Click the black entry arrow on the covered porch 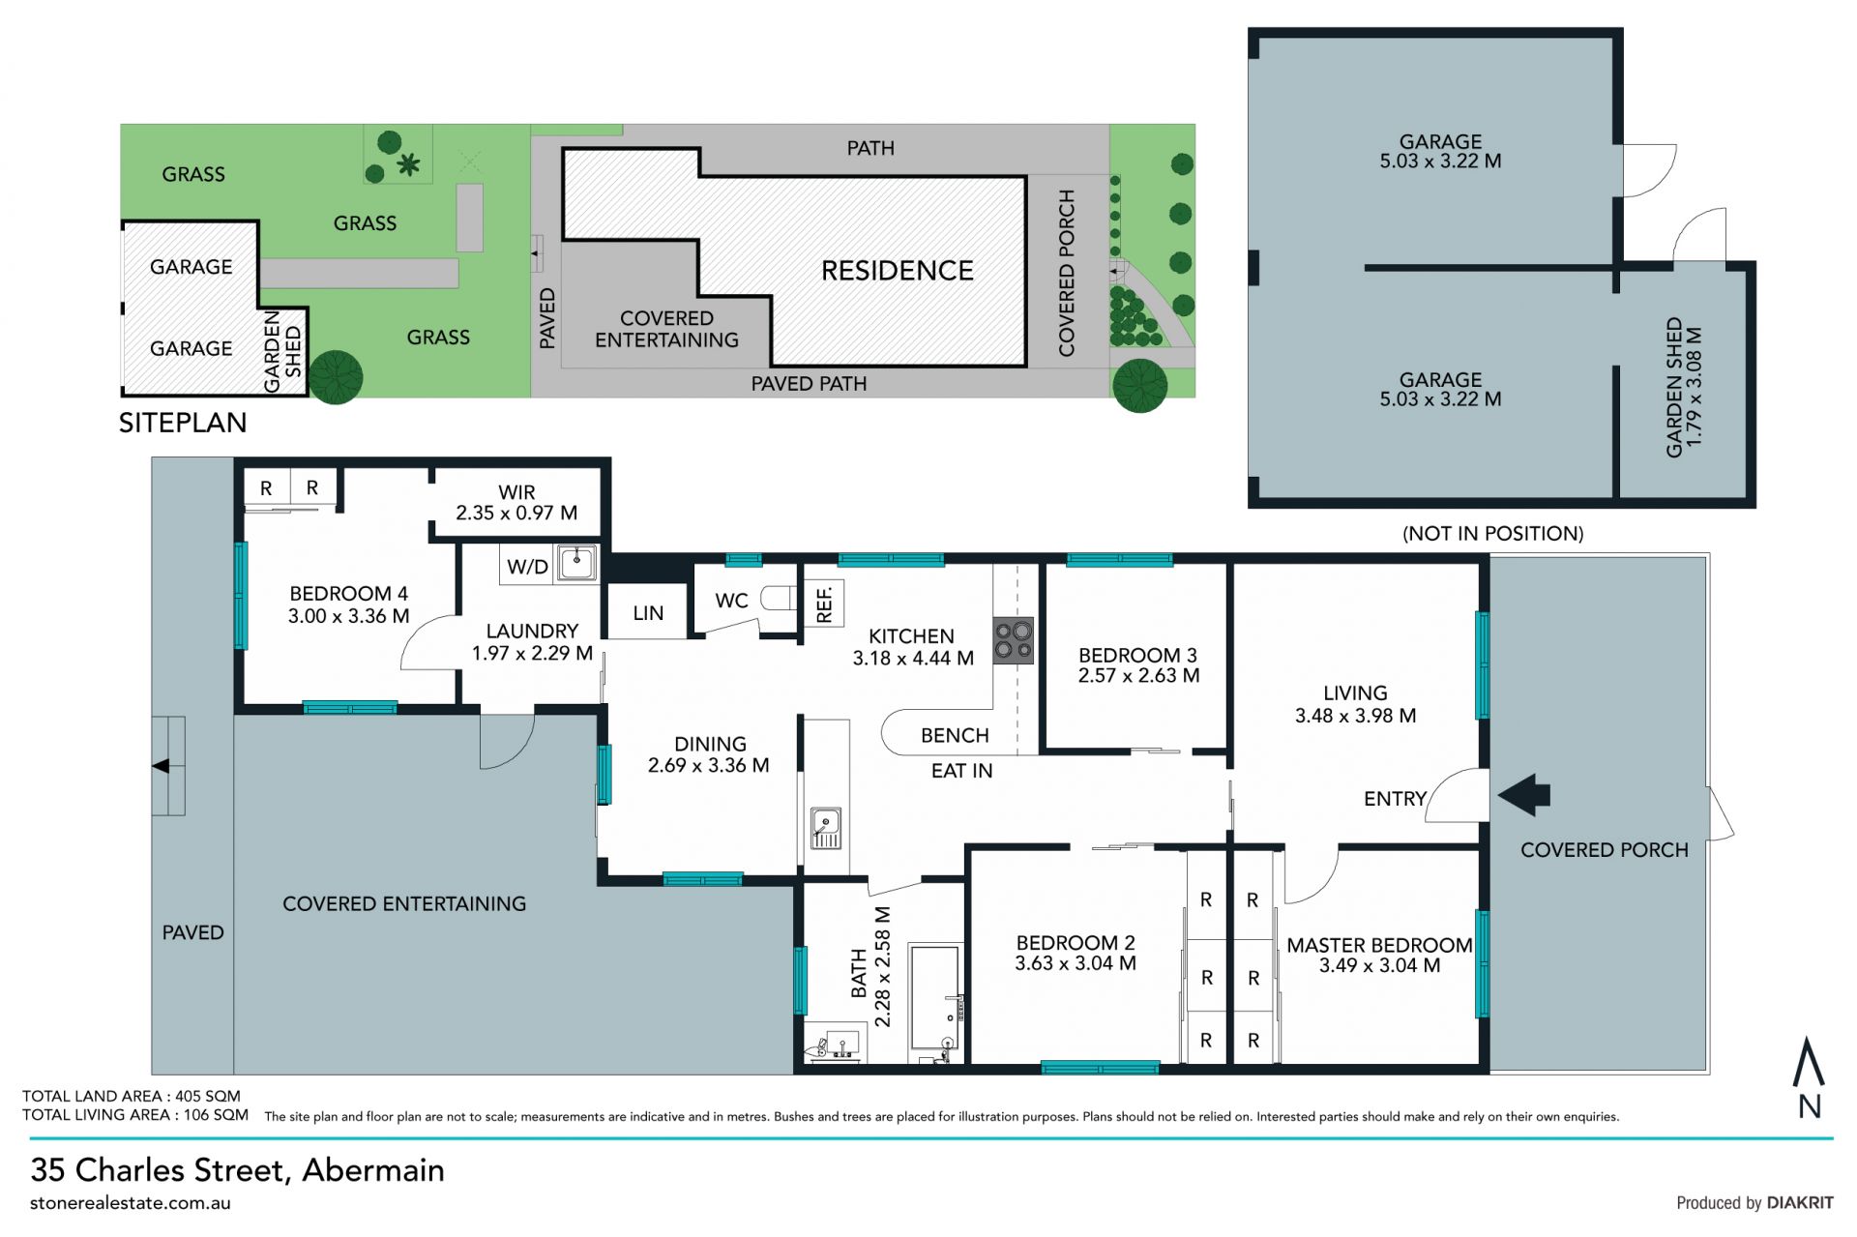tap(1524, 795)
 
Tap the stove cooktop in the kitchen tap(1014, 640)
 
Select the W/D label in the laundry tap(527, 568)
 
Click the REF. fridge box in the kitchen tap(824, 604)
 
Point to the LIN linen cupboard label tap(648, 613)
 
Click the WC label tap(731, 601)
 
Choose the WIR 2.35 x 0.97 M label tap(516, 503)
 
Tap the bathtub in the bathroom tap(936, 1002)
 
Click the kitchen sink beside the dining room tap(826, 828)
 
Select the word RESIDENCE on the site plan tap(898, 271)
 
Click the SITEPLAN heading tap(183, 423)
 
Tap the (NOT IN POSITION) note tap(1493, 534)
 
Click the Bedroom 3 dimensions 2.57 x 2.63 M tap(1138, 676)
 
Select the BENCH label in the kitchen tap(955, 736)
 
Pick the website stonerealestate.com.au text tap(131, 1204)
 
